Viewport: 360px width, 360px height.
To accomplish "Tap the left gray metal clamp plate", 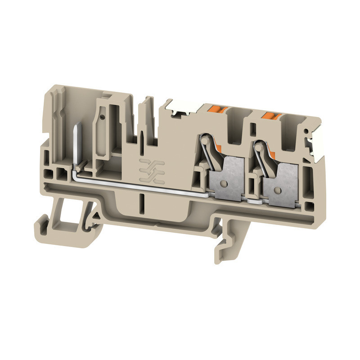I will click(x=226, y=178).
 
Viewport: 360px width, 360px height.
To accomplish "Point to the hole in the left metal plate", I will click(x=224, y=183).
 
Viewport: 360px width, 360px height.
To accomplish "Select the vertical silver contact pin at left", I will click(x=75, y=146).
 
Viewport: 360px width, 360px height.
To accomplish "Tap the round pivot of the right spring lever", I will click(x=259, y=146).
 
